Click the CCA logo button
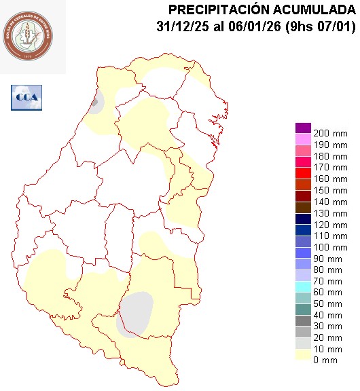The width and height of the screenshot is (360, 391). click(x=26, y=97)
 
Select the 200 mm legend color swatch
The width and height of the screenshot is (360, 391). click(x=302, y=128)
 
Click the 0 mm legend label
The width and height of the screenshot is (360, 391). click(x=325, y=360)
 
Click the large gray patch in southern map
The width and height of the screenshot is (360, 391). click(x=135, y=314)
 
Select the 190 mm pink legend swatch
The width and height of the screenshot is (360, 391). click(x=302, y=139)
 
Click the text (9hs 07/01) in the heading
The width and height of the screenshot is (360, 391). click(x=314, y=27)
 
